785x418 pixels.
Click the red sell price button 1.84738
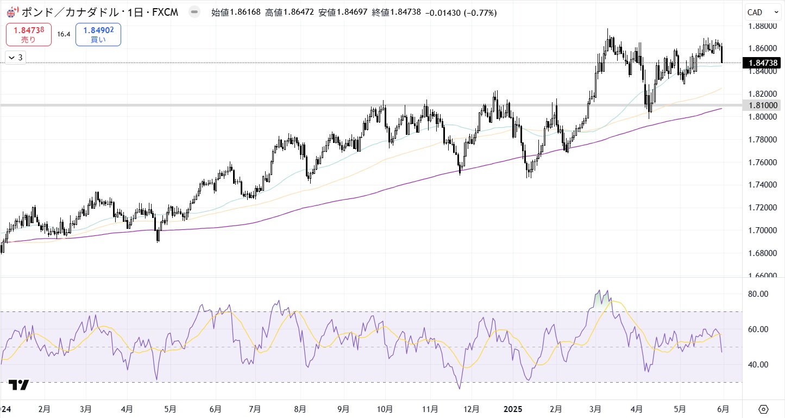tap(29, 34)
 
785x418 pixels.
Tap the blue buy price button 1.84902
tap(98, 34)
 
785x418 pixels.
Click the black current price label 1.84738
tap(763, 63)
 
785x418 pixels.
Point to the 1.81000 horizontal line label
tap(763, 105)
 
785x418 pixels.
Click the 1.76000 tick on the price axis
tap(762, 162)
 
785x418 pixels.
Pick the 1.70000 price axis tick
tap(762, 230)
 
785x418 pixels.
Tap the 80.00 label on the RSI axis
tap(757, 294)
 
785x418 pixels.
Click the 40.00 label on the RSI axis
tap(757, 365)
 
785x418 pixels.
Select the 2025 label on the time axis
tap(513, 408)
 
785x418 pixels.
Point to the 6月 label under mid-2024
tap(215, 408)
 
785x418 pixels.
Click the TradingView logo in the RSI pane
tap(19, 385)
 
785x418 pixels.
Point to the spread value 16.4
tap(64, 34)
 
